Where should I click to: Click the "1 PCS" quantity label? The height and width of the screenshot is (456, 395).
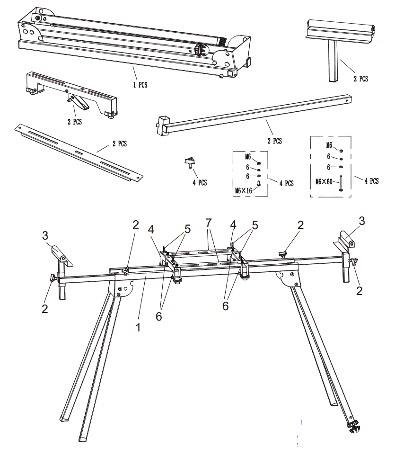tap(140, 85)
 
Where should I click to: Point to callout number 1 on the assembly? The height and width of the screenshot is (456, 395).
tap(138, 327)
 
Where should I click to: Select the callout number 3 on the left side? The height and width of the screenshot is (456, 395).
tap(45, 235)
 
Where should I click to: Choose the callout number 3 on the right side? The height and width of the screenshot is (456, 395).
tap(361, 221)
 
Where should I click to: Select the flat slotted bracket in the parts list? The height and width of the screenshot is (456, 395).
tap(78, 152)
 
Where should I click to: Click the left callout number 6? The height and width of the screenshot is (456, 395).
tap(159, 316)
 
